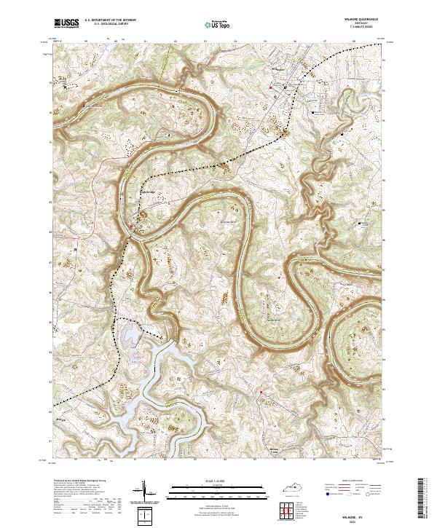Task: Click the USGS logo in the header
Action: pyautogui.click(x=66, y=24)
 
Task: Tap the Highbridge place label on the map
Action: pyautogui.click(x=147, y=192)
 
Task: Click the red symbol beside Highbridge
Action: pyautogui.click(x=131, y=226)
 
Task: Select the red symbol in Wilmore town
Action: pyautogui.click(x=272, y=89)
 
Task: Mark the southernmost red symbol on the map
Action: pyautogui.click(x=260, y=394)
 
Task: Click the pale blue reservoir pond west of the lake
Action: pyautogui.click(x=131, y=335)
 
